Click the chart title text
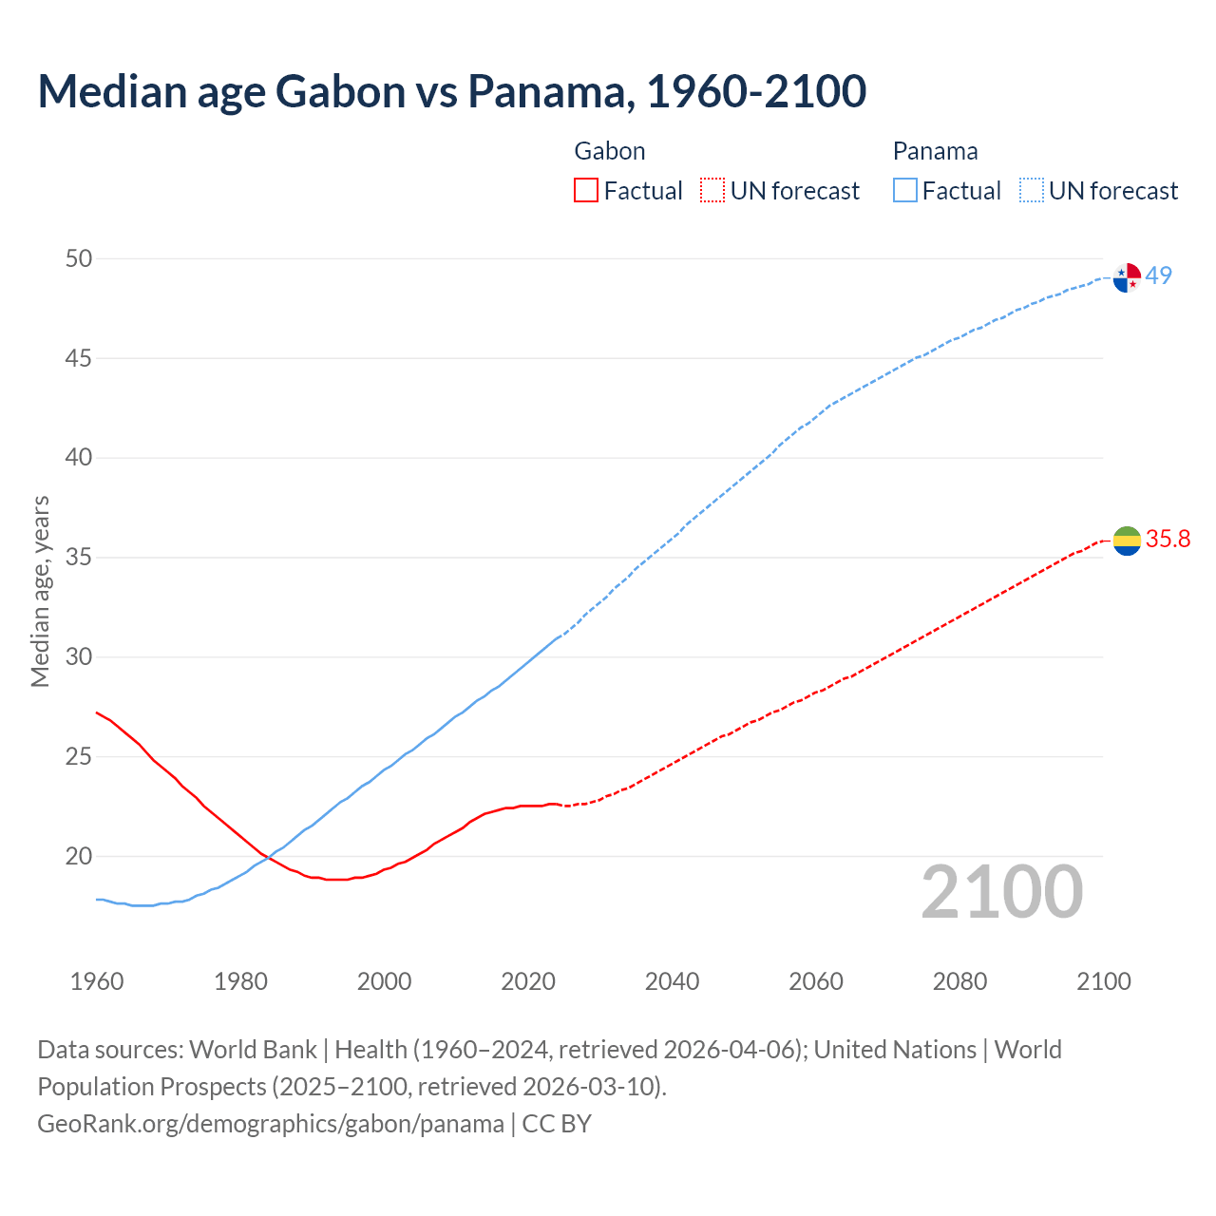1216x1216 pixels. click(x=451, y=91)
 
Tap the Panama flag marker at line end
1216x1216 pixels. click(x=1127, y=277)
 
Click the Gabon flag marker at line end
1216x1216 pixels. click(x=1127, y=541)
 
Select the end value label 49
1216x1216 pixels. click(x=1158, y=275)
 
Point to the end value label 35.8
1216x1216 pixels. click(x=1168, y=540)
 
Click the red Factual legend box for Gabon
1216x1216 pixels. click(x=586, y=190)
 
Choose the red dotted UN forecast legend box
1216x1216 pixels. click(x=712, y=190)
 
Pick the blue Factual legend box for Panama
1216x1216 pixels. click(x=904, y=190)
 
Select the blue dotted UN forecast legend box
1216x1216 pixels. click(x=1031, y=190)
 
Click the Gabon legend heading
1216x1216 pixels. click(x=610, y=151)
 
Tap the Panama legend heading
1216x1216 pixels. click(x=935, y=151)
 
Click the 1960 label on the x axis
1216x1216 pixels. click(x=97, y=981)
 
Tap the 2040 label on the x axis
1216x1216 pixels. click(x=672, y=981)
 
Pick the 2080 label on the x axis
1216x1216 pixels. click(x=959, y=981)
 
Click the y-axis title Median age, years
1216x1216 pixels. click(x=40, y=591)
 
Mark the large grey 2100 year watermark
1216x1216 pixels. click(x=1002, y=892)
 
